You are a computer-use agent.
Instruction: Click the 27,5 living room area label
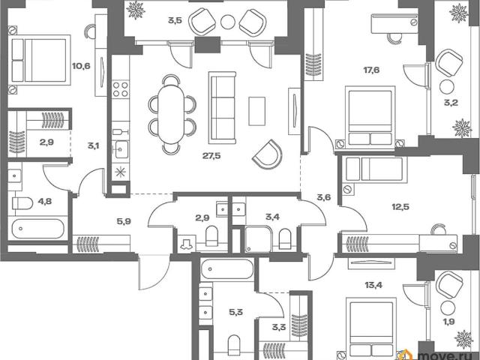point(211,156)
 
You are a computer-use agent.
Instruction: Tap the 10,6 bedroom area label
point(81,66)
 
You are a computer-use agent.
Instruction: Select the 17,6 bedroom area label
point(371,70)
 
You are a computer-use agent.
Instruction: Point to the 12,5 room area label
point(400,207)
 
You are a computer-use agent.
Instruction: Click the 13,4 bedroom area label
point(373,285)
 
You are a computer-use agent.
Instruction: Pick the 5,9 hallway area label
point(124,221)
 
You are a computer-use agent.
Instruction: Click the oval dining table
point(172,115)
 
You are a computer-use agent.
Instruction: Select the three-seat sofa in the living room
point(222,108)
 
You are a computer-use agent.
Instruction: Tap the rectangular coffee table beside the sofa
point(256,111)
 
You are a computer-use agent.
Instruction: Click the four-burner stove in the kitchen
point(120,89)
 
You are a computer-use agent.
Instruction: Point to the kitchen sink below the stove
point(121,149)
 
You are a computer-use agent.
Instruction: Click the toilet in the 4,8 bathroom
point(22,203)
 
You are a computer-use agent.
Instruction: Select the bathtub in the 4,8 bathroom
point(38,229)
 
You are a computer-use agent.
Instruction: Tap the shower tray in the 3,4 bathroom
point(259,239)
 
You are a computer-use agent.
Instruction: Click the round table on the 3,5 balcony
point(228,22)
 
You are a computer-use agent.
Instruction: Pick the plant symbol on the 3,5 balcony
point(136,10)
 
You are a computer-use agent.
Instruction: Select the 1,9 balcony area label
point(450,322)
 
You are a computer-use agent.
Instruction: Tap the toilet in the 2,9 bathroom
point(211,235)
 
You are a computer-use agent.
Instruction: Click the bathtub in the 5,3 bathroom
point(226,269)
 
